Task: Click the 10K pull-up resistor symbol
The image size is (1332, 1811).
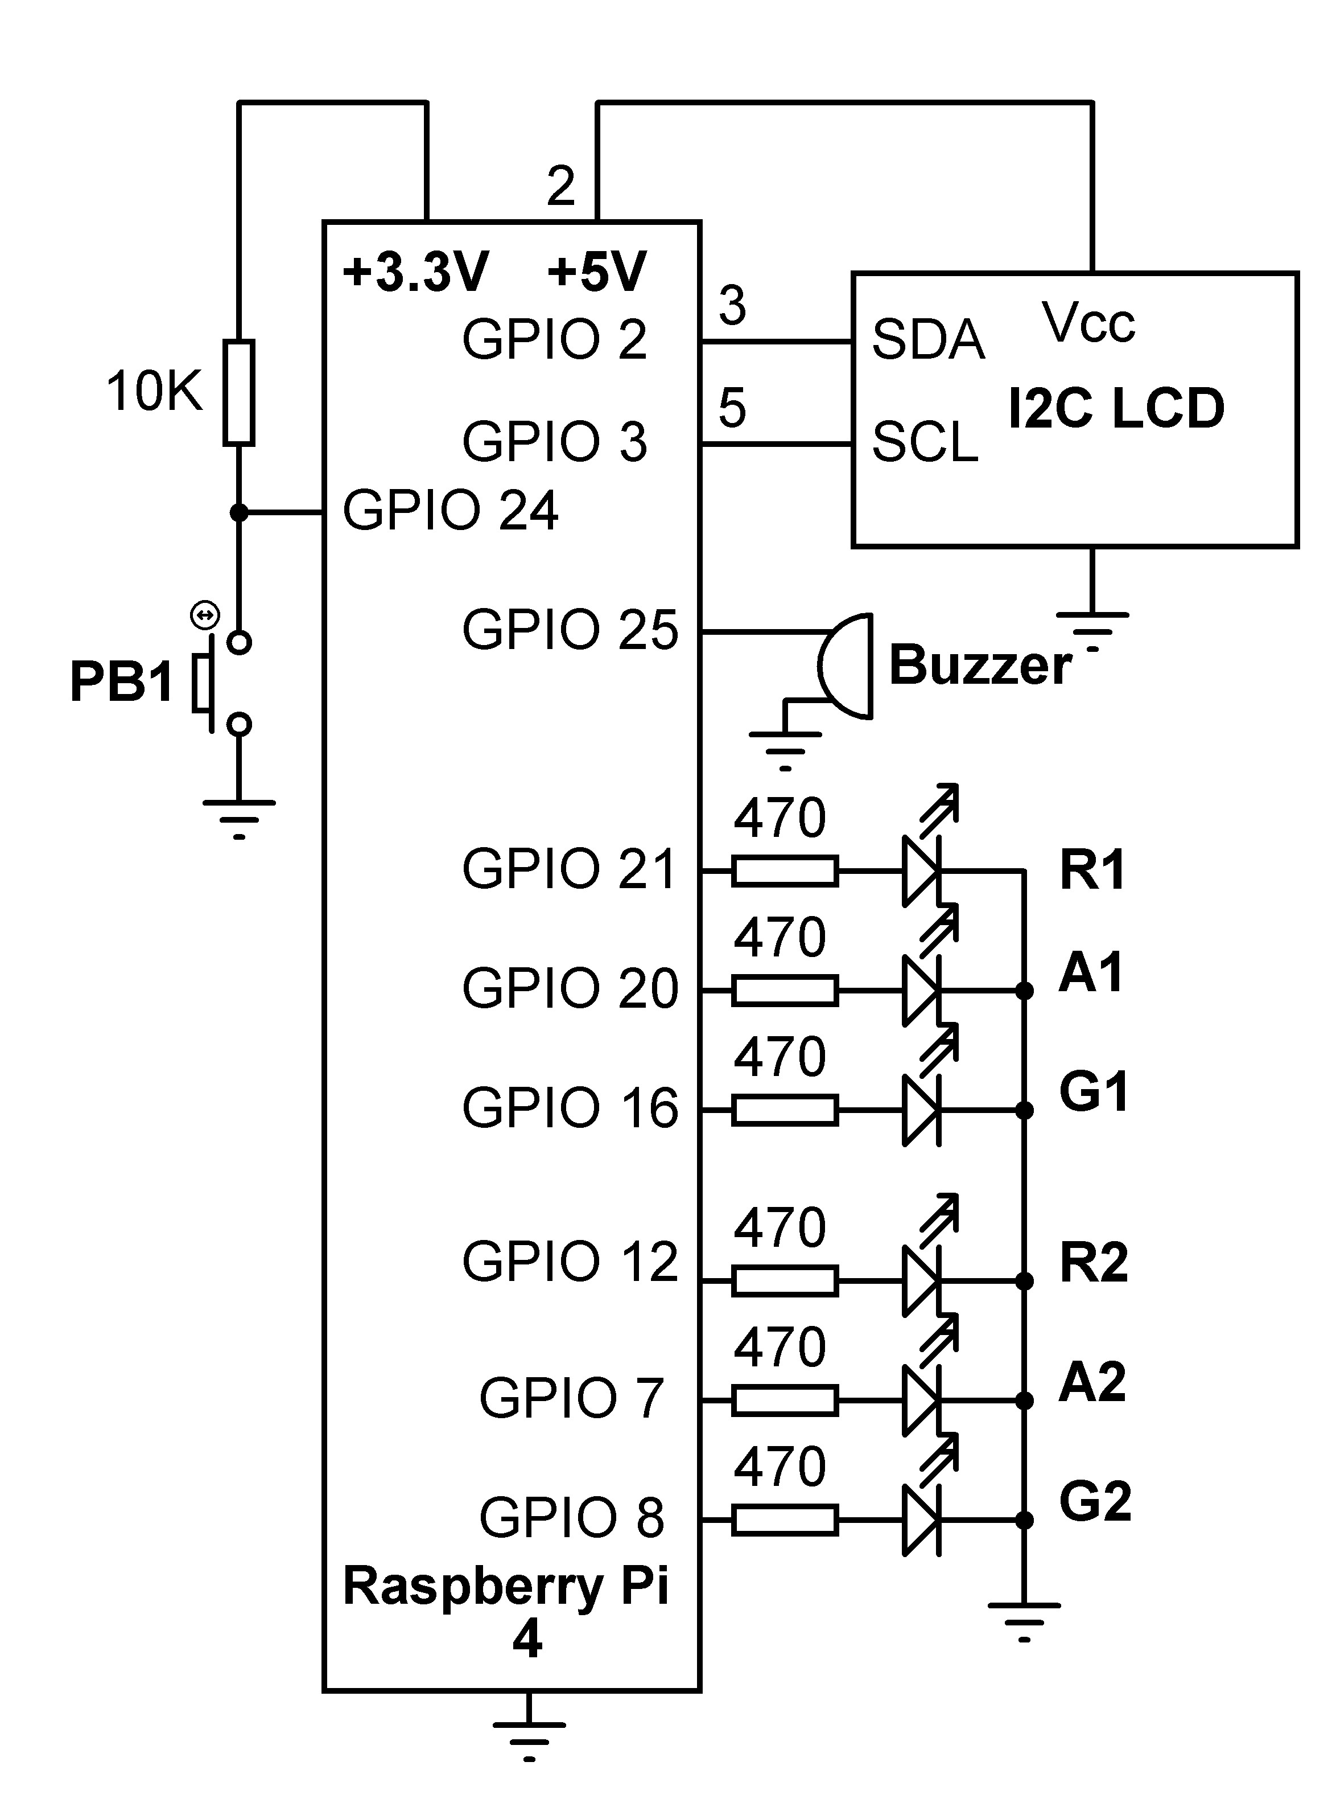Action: click(238, 393)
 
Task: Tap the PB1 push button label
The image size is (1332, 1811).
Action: click(122, 681)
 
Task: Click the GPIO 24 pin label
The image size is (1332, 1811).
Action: click(450, 511)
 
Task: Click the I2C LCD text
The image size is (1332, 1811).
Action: click(1116, 408)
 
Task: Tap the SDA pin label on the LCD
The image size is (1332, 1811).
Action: click(928, 340)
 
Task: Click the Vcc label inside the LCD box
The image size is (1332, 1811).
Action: click(1088, 323)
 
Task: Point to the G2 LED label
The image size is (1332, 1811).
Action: click(1094, 1502)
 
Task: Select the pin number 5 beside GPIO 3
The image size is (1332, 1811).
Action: click(732, 408)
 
